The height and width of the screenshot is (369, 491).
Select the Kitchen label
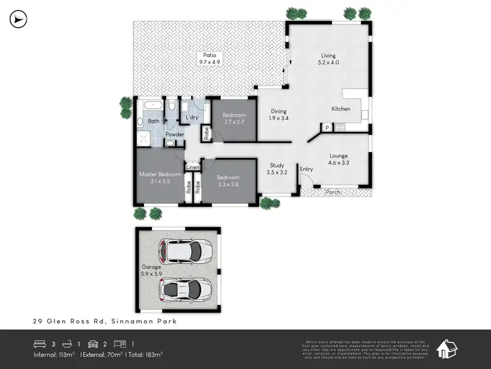(340, 109)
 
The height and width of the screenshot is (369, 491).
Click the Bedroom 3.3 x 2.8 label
(228, 181)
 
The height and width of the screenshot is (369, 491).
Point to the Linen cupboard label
(192, 168)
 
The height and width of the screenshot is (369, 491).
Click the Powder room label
(174, 135)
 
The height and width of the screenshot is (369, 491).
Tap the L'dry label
(192, 118)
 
